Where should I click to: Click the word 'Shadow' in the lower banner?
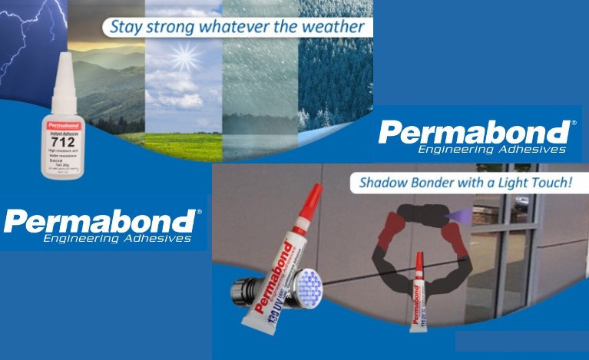[389, 183]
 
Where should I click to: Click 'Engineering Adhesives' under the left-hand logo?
[116, 239]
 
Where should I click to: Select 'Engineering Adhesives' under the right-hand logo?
[491, 149]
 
